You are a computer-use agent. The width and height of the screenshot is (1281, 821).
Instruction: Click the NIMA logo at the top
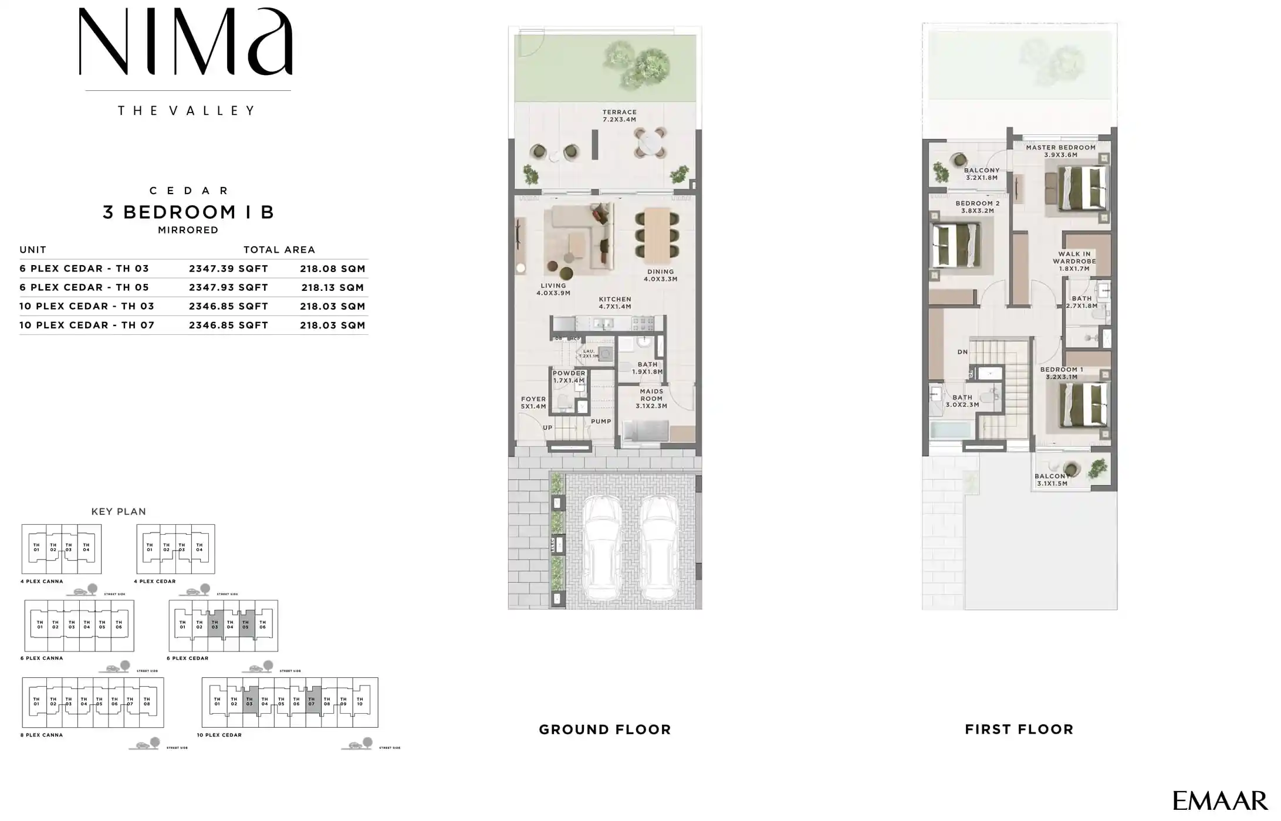point(185,42)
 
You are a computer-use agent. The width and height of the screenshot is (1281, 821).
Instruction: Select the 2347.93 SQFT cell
point(228,287)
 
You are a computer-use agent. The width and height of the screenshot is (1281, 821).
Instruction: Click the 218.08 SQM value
point(333,269)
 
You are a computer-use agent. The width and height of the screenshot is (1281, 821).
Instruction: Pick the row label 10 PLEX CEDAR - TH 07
point(87,325)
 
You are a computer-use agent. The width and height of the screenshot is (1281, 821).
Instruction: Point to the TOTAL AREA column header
point(279,250)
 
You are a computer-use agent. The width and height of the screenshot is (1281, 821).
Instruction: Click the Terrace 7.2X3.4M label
point(619,116)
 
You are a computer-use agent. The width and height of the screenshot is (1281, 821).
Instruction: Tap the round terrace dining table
point(650,143)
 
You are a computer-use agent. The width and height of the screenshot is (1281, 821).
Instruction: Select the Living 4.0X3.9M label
point(553,289)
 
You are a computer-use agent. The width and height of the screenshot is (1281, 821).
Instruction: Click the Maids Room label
point(651,398)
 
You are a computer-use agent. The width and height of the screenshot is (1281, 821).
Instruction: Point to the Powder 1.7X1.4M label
point(569,376)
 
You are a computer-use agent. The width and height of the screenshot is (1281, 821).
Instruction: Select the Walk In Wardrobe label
point(1074,261)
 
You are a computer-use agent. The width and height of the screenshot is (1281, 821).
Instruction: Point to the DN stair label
point(962,352)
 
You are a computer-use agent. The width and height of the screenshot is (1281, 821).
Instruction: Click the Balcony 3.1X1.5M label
point(1052,480)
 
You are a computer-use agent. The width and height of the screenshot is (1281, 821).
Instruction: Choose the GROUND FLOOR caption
point(604,730)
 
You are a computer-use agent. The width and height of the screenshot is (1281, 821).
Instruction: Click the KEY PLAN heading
point(119,511)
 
